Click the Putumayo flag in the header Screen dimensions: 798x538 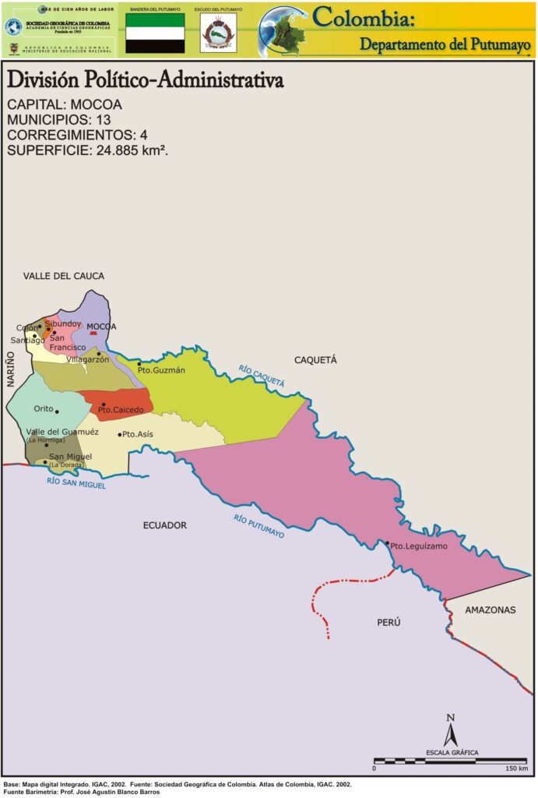pyautogui.click(x=156, y=33)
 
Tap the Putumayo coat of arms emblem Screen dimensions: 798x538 pyautogui.click(x=217, y=34)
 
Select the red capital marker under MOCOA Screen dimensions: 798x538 pyautogui.click(x=93, y=333)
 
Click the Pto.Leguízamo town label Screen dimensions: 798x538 pyautogui.click(x=419, y=547)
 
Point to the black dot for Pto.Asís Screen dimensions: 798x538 pyautogui.click(x=119, y=434)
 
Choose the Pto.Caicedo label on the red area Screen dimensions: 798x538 pyautogui.click(x=121, y=409)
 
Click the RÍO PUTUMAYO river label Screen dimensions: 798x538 pyautogui.click(x=259, y=528)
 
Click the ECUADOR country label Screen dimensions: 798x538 pyautogui.click(x=165, y=525)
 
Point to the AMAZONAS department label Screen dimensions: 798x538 pyautogui.click(x=490, y=610)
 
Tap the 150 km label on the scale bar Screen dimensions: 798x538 pyautogui.click(x=516, y=768)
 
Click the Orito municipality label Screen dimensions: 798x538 pyautogui.click(x=44, y=408)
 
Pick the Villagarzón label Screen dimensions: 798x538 pyautogui.click(x=87, y=360)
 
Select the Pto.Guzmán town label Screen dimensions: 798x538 pyautogui.click(x=162, y=370)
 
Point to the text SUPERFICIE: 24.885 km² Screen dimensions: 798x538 pyautogui.click(x=88, y=150)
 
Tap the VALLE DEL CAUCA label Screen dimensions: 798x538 pyautogui.click(x=63, y=276)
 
